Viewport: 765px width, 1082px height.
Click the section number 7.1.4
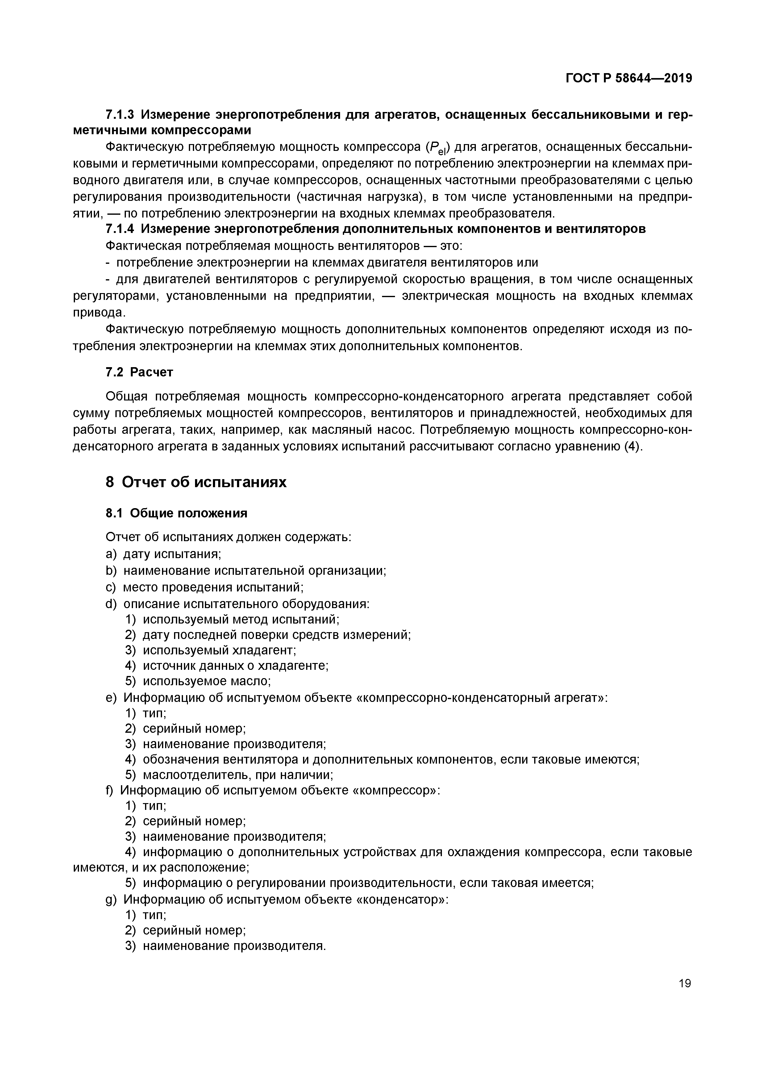(120, 229)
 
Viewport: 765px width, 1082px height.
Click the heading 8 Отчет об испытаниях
(196, 482)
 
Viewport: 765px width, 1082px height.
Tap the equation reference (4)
(633, 446)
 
